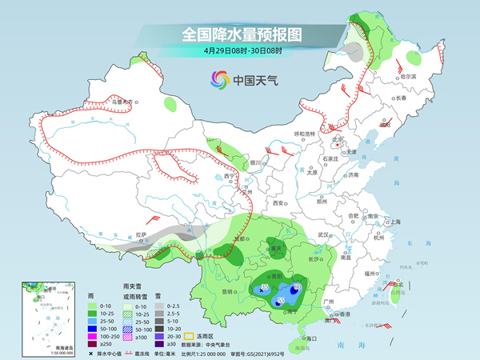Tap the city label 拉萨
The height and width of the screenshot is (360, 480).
(142, 235)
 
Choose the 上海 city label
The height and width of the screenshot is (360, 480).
(394, 222)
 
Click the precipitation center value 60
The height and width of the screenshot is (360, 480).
(297, 286)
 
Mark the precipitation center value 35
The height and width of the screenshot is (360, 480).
(266, 286)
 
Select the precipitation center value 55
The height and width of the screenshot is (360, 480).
(281, 298)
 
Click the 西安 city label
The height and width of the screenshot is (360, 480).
(279, 204)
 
